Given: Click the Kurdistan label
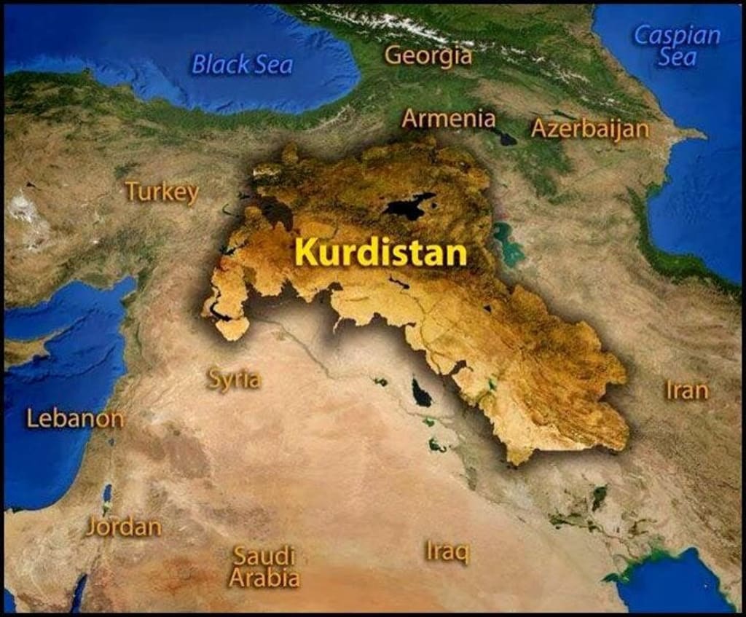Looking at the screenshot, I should (x=380, y=254).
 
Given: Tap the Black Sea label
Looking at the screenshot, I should (x=242, y=65).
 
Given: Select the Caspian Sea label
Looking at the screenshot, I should (x=677, y=46).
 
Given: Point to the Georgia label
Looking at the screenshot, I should (x=428, y=55).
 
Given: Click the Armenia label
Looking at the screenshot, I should (x=448, y=118).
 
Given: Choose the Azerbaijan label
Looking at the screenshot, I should (x=589, y=128).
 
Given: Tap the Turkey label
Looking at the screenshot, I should (x=162, y=192).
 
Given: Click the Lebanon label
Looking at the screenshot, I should (x=75, y=419).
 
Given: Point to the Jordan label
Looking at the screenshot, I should (x=123, y=527).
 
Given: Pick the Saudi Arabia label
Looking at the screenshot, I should (x=264, y=567).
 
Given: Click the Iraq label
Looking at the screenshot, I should (x=447, y=551).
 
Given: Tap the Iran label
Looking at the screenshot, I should (x=686, y=390).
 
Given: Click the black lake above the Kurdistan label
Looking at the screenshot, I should (x=409, y=205).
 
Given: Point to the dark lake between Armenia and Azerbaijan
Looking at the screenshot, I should (x=503, y=135).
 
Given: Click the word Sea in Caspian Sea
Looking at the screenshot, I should (x=677, y=58).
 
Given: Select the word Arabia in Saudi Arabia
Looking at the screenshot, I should (x=264, y=578).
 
